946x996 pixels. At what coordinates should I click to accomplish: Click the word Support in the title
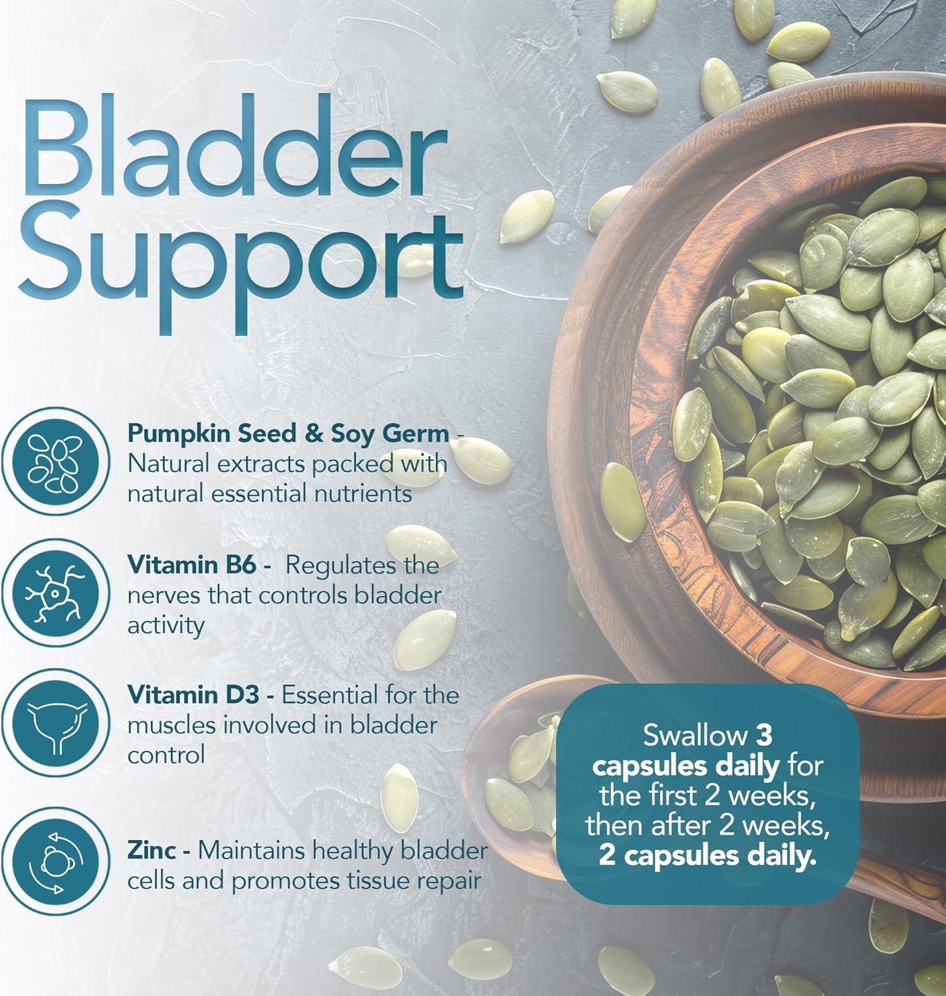(240, 267)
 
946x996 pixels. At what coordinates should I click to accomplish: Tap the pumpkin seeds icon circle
(56, 461)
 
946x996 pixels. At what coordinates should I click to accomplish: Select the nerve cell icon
(56, 593)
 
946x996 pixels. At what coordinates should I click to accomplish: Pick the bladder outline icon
(56, 723)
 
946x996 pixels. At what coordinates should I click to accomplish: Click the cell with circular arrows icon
(56, 861)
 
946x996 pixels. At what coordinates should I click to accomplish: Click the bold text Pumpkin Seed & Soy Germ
(288, 434)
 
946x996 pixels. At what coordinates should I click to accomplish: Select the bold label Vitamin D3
(193, 695)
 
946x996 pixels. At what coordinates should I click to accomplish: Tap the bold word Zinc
(152, 851)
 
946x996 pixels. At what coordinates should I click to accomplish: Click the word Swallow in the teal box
(695, 735)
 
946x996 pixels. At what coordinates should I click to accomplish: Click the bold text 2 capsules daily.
(708, 856)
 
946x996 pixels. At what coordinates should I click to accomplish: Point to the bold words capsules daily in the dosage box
(686, 766)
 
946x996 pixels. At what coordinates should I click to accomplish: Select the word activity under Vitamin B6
(166, 625)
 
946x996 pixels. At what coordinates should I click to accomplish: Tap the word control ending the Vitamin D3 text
(166, 755)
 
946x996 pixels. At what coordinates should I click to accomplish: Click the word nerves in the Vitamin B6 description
(163, 596)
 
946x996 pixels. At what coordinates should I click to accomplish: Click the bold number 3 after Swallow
(763, 736)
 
